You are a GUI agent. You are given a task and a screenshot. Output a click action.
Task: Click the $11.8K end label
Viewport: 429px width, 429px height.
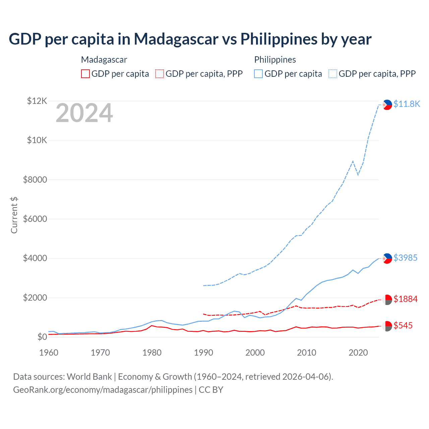click(x=407, y=104)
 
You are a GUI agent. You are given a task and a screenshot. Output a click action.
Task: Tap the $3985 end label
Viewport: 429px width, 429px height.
click(x=405, y=258)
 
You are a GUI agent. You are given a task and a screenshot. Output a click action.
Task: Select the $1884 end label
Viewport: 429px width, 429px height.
click(x=405, y=299)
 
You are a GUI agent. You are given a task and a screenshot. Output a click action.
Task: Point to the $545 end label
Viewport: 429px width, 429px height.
click(x=403, y=325)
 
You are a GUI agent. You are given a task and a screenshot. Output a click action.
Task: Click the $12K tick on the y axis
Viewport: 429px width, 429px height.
click(x=37, y=101)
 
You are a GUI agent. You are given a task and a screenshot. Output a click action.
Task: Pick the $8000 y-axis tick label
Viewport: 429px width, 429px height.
click(x=35, y=180)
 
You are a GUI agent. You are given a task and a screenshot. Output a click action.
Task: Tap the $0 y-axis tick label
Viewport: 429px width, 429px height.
click(x=42, y=337)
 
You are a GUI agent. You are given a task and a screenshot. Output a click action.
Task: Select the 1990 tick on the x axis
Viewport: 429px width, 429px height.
click(x=203, y=353)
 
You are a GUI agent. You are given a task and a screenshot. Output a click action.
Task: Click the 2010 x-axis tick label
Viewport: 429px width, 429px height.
click(x=307, y=353)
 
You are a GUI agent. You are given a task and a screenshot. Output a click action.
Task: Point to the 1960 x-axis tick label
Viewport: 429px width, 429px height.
click(x=49, y=353)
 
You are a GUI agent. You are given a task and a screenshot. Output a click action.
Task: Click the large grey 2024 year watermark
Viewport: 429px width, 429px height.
click(x=84, y=113)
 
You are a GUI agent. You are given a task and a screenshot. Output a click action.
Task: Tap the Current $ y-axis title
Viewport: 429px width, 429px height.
click(x=14, y=215)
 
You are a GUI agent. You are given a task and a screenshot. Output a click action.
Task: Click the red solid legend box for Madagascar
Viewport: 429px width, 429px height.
click(x=85, y=74)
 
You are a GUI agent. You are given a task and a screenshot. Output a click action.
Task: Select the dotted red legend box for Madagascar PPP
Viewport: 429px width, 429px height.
click(x=160, y=74)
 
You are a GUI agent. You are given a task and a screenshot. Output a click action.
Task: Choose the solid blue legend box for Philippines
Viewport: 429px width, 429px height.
click(x=258, y=74)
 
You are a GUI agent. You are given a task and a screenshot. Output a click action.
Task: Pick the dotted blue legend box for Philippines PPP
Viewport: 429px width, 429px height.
click(x=333, y=74)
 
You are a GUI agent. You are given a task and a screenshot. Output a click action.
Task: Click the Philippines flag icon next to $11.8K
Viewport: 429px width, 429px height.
click(x=387, y=105)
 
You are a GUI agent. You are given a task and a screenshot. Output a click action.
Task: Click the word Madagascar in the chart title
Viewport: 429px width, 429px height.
click(x=176, y=39)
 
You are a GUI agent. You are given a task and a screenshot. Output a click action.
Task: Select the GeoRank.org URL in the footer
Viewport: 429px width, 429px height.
click(x=103, y=390)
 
